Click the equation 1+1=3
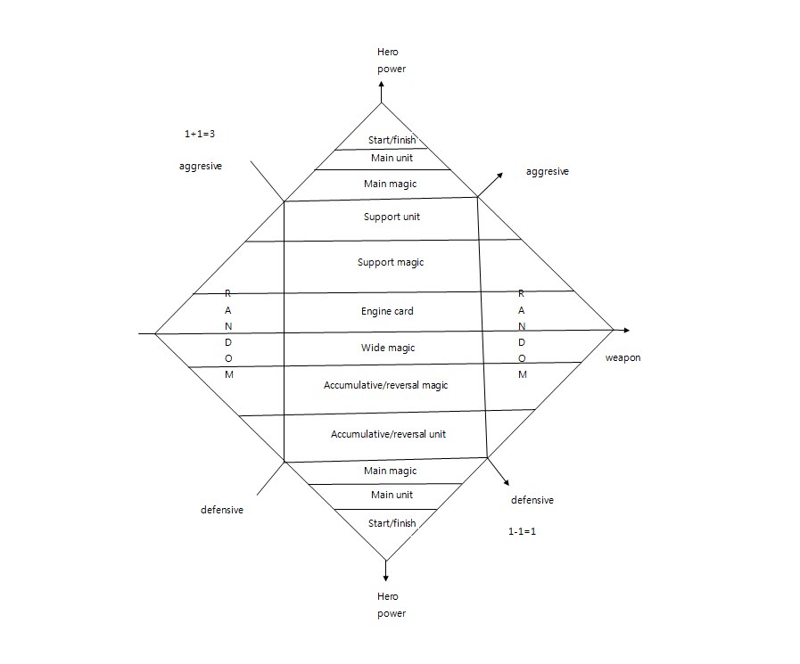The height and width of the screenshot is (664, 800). [x=200, y=134]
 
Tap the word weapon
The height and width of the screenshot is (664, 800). [x=623, y=357]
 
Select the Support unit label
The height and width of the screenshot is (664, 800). [x=392, y=217]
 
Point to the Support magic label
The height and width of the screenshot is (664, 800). [x=391, y=262]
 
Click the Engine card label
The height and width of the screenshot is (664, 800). [x=387, y=311]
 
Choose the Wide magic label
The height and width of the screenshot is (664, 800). [x=388, y=348]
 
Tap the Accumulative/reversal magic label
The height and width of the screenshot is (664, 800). [x=386, y=385]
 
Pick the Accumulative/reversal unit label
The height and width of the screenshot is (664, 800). [x=388, y=434]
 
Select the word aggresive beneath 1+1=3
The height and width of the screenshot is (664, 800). [x=201, y=167]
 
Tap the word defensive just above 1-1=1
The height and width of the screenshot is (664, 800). [x=532, y=500]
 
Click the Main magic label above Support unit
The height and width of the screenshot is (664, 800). [x=390, y=184]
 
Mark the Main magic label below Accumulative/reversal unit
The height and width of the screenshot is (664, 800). [x=390, y=471]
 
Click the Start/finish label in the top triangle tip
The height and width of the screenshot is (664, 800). [x=392, y=140]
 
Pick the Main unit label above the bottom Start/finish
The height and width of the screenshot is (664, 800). [x=391, y=495]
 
